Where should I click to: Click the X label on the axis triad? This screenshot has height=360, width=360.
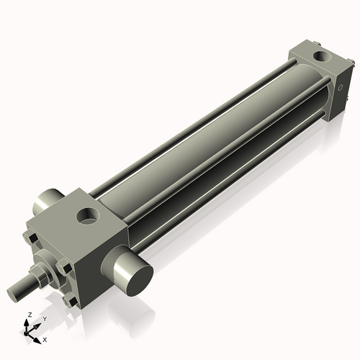pyautogui.click(x=45, y=338)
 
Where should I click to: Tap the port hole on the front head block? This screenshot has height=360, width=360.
pyautogui.click(x=89, y=214)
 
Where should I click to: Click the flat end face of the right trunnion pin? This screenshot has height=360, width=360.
pyautogui.click(x=135, y=276)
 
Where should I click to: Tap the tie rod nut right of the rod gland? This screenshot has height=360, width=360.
pyautogui.click(x=67, y=269)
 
